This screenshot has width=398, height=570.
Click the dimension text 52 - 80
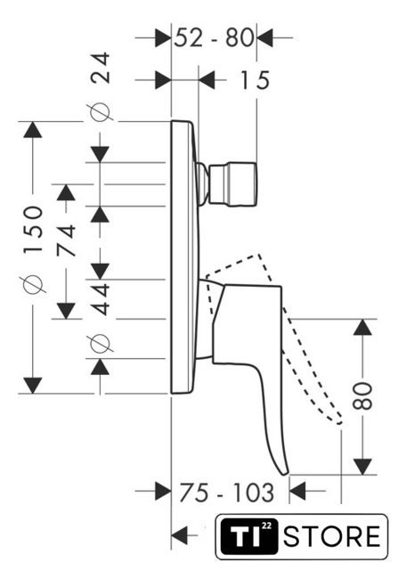pos(214,37)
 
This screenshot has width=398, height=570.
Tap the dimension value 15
pos(256,80)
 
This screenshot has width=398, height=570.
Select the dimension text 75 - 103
pos(226,493)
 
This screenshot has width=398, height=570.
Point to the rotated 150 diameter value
pos(33,230)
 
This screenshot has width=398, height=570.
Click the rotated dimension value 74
pos(67,240)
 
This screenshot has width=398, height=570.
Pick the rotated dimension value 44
pos(100,299)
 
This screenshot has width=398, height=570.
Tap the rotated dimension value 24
pos(100,68)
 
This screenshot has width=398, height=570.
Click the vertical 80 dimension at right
pos(362,395)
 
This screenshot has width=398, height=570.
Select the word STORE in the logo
pos(332,536)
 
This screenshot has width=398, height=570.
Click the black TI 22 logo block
pos(249,536)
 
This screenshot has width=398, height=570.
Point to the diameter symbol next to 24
pos(100,112)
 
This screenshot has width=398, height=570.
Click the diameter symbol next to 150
pos(34,283)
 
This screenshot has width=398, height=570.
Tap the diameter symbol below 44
pos(100,343)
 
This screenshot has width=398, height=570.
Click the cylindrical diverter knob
pos(233,184)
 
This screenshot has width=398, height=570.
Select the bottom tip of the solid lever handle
pos(285,474)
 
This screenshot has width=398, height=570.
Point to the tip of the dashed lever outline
pos(340,422)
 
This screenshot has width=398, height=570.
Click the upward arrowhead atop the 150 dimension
pos(33,129)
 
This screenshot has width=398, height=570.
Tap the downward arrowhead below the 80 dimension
pos(362,467)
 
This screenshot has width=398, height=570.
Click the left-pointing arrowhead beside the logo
pos(180,535)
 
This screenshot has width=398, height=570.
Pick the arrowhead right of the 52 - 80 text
pos(265,37)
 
